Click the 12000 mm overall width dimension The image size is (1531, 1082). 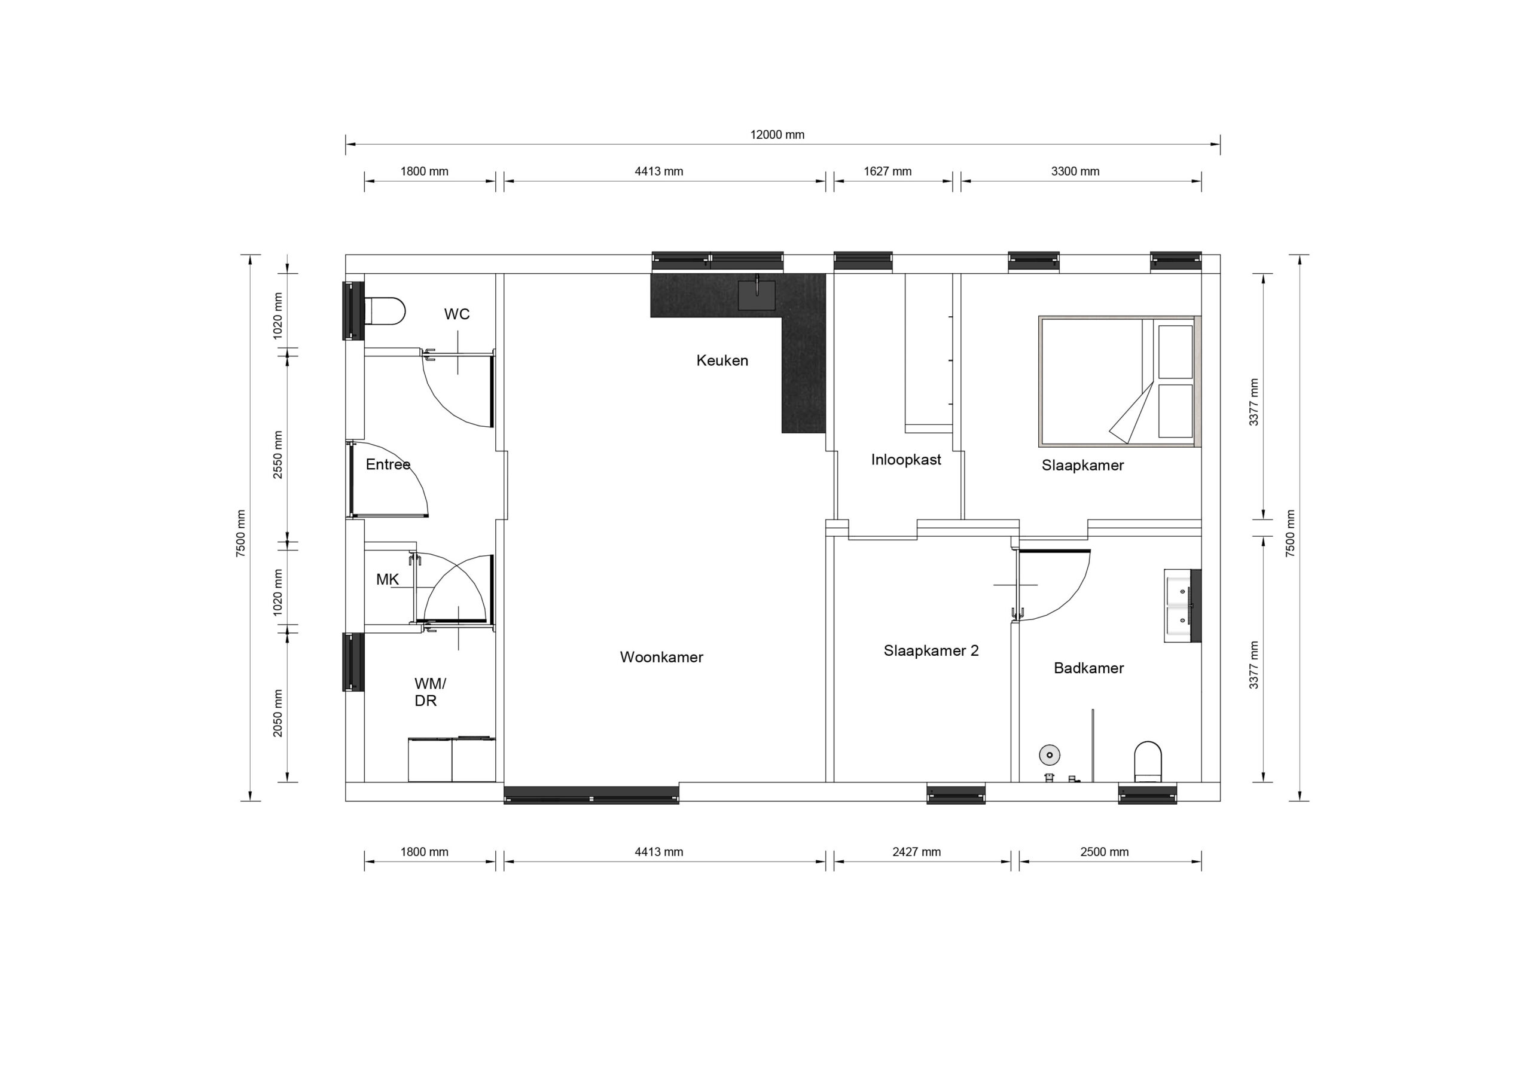tap(777, 135)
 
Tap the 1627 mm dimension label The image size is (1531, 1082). tap(888, 172)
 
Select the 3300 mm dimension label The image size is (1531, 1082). tap(1075, 172)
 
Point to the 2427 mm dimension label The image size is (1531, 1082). tap(917, 852)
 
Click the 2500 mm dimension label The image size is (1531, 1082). tap(1105, 852)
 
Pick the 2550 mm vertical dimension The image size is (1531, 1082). tap(278, 455)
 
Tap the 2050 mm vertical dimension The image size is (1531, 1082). tap(278, 713)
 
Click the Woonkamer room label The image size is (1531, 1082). tap(661, 658)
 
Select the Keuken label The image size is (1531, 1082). tap(722, 360)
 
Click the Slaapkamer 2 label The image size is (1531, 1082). tap(932, 650)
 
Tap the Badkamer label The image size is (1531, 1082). tap(1089, 668)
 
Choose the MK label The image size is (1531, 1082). tap(388, 580)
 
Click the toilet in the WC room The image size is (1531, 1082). tap(384, 311)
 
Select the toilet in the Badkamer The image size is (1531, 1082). tap(1148, 762)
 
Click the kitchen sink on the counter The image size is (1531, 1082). tap(757, 295)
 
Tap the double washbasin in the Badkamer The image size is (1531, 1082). tap(1182, 606)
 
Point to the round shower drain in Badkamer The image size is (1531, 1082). tap(1050, 754)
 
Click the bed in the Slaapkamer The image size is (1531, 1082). tap(1120, 381)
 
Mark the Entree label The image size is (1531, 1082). tap(388, 464)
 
